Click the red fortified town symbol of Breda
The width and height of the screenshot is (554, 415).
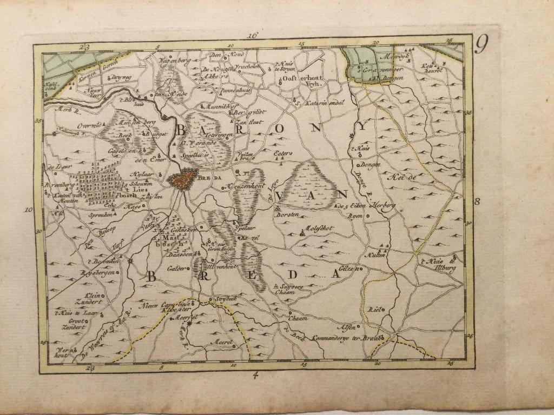tap(184, 178)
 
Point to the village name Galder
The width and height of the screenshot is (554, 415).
tap(177, 269)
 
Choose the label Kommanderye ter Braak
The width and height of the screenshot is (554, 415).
tap(344, 336)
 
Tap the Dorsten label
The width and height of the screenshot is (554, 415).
tap(287, 215)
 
